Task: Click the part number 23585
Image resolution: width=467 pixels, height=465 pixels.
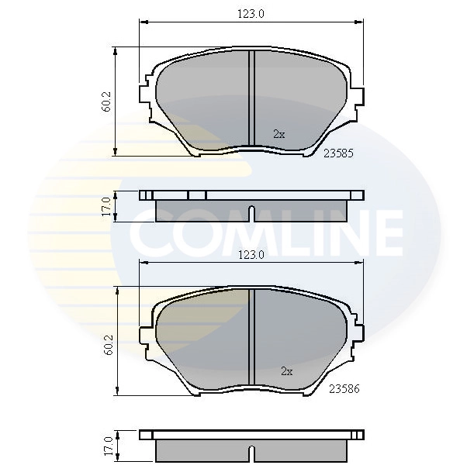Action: point(338,153)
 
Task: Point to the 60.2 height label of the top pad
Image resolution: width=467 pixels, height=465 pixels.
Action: point(106,102)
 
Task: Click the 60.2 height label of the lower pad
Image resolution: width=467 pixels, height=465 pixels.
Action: point(106,340)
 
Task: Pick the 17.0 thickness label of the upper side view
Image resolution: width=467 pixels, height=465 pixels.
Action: point(106,206)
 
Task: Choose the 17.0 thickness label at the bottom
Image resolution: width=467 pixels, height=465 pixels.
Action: point(106,445)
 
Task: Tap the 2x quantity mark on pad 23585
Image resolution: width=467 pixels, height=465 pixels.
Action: point(278,134)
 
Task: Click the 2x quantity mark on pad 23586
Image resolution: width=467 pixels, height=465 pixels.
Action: point(286,371)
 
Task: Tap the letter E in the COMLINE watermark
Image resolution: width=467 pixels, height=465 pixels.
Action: point(383,232)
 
